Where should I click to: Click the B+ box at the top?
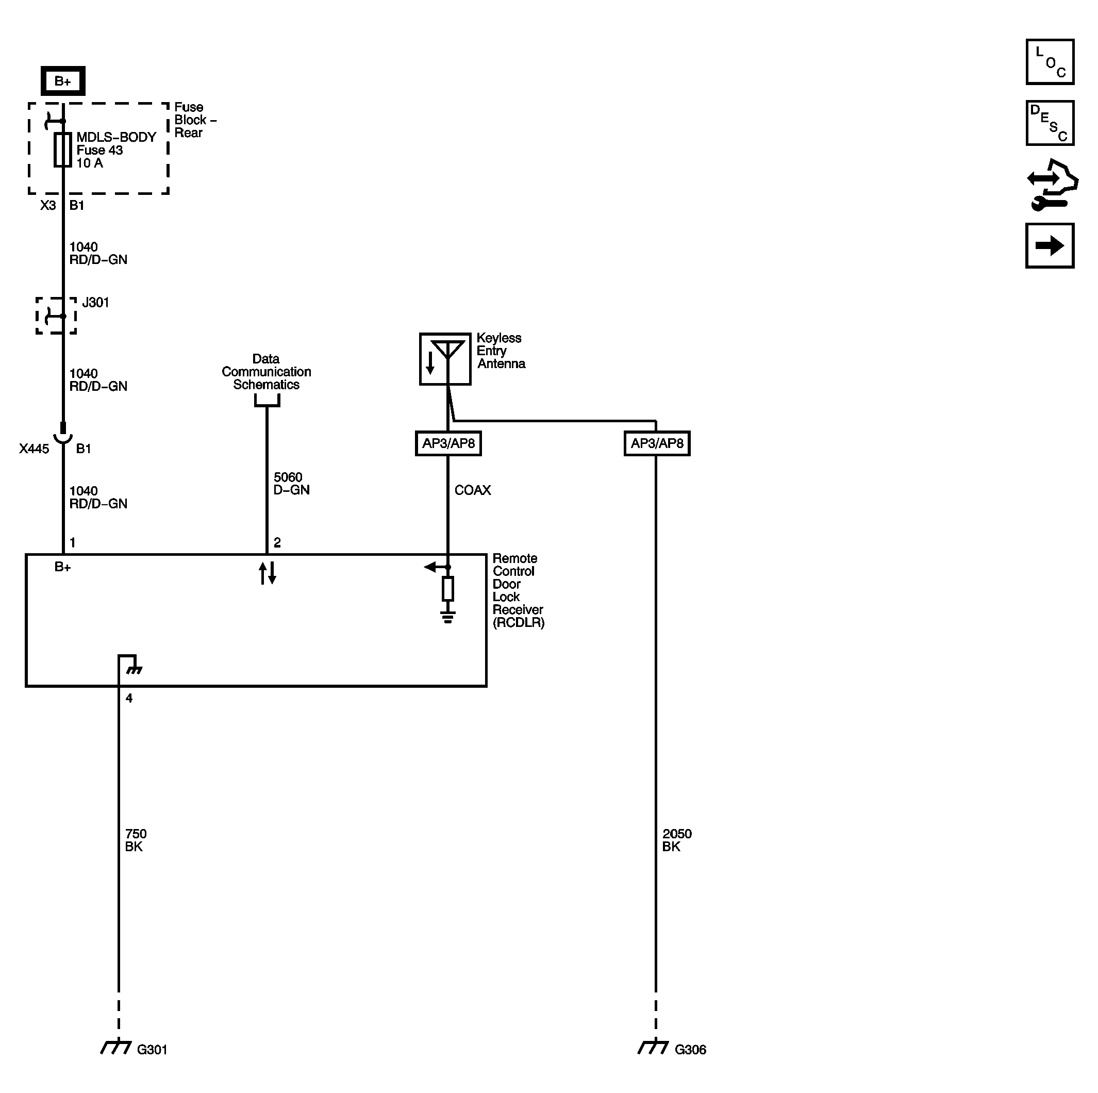pos(62,81)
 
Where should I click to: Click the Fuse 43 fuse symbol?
pos(62,150)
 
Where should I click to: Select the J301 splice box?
pos(56,316)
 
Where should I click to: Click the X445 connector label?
pos(34,449)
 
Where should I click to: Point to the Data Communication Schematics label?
pos(266,372)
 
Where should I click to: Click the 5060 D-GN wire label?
pos(291,484)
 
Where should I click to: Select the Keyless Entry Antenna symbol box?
pos(445,359)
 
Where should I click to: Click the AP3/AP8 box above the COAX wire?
pos(448,443)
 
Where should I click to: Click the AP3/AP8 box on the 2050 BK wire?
pos(657,443)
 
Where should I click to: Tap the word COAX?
pos(472,490)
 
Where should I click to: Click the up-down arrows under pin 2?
pos(267,573)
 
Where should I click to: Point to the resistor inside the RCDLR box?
pos(448,589)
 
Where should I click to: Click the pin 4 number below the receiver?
pos(129,699)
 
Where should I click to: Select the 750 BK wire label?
pos(135,840)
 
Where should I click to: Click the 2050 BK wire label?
pos(676,840)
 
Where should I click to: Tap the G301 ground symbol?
pos(116,1047)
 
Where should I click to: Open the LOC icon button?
pos(1049,62)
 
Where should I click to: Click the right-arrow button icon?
pos(1049,245)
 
